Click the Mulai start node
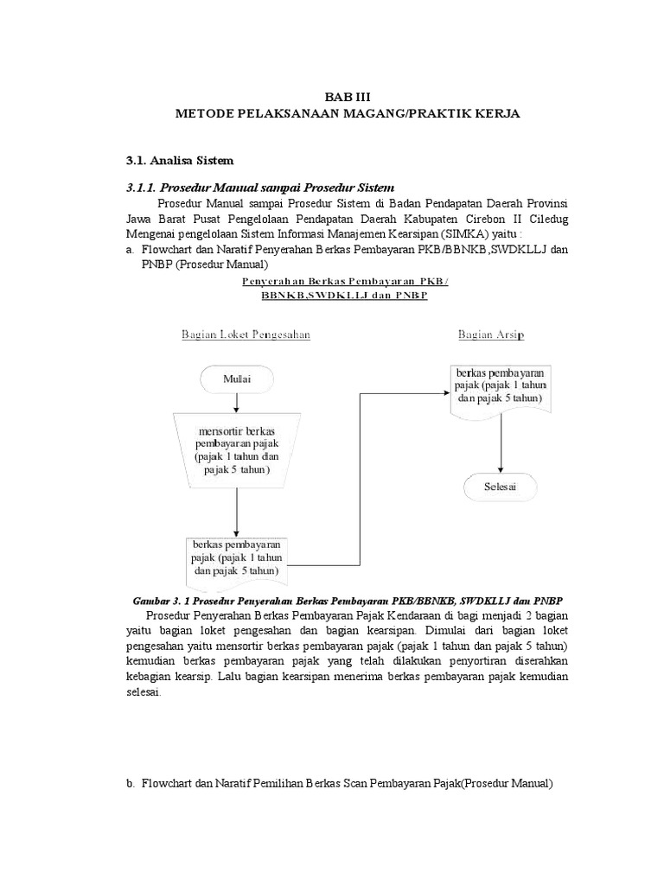(x=236, y=379)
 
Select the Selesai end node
(x=501, y=487)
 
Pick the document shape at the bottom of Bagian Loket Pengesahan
(x=237, y=559)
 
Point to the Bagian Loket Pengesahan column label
(x=246, y=334)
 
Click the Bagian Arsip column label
(x=490, y=334)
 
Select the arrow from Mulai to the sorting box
(x=236, y=403)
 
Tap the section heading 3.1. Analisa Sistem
(x=180, y=160)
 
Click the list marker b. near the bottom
(x=131, y=783)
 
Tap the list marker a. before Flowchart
(x=131, y=249)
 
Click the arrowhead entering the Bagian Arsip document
(x=444, y=392)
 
